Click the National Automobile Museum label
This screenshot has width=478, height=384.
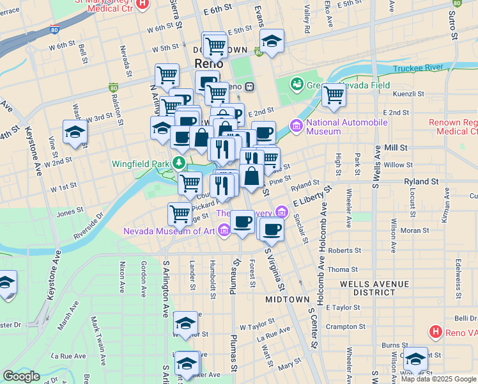tap(346, 127)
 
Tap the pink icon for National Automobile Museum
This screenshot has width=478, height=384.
tap(295, 127)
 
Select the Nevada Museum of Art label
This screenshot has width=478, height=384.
tap(169, 231)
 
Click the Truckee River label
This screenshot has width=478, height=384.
tap(419, 68)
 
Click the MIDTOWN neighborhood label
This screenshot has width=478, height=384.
tap(285, 300)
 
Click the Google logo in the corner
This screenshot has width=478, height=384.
tap(21, 376)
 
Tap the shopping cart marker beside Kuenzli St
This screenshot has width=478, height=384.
tap(334, 95)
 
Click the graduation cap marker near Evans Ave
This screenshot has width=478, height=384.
tap(272, 42)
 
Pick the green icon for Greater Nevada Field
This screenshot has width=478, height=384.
tap(296, 83)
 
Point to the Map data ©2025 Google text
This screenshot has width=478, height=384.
tap(438, 378)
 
